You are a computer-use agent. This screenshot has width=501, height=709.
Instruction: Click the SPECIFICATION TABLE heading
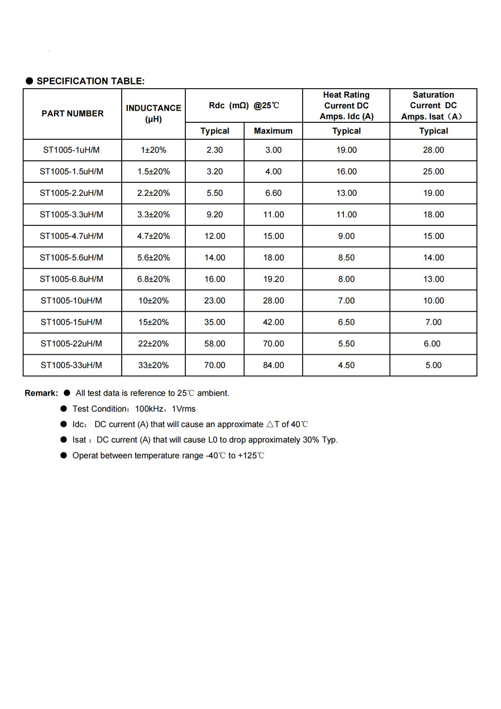pos(90,81)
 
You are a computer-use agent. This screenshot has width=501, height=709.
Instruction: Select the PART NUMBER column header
pos(73,114)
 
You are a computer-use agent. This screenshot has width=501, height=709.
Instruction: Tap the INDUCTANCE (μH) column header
pos(153,114)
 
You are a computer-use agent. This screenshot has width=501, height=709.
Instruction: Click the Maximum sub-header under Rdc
pos(273,131)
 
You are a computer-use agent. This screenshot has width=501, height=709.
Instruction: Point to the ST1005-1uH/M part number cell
pos(71,150)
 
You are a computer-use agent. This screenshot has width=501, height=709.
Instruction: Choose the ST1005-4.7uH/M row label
pos(71,236)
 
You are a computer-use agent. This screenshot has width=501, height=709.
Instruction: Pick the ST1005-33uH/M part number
pos(71,365)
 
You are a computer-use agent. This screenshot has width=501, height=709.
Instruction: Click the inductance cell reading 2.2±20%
pos(153,193)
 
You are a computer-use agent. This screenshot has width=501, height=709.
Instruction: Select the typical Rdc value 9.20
pos(214,214)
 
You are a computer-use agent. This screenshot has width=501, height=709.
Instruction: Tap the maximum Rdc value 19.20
pos(274,279)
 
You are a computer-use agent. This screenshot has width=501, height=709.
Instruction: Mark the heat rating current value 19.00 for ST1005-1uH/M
pos(346,150)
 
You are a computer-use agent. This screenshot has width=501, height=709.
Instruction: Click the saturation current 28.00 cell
pos(433,150)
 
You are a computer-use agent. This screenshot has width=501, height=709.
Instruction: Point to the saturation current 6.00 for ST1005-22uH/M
pos(432,344)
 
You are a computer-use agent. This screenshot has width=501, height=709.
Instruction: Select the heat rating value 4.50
pos(346,365)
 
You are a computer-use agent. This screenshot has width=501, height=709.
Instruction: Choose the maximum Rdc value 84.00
pos(274,365)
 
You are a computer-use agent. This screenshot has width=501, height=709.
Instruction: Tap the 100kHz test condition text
pos(149,409)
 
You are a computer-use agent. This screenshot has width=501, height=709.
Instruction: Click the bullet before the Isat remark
pos(64,440)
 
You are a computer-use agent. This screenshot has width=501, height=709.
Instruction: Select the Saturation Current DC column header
pos(433,106)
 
